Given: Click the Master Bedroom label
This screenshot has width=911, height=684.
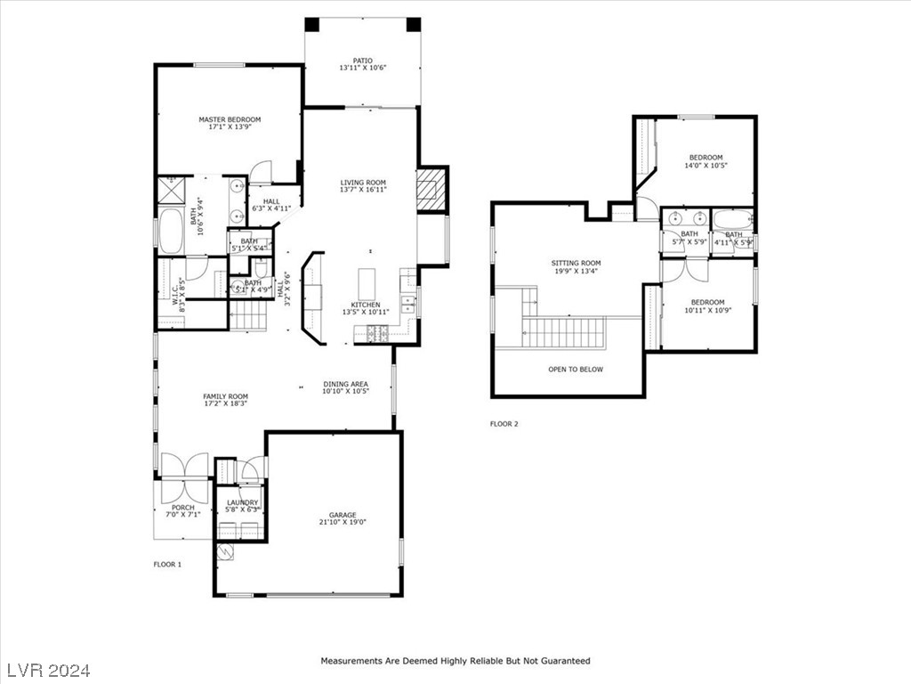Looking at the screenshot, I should (x=230, y=119).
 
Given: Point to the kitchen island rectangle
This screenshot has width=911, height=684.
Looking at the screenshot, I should (x=368, y=284).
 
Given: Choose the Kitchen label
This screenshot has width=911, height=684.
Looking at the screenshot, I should (x=366, y=305).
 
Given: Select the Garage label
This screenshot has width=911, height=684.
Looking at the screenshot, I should (x=343, y=515).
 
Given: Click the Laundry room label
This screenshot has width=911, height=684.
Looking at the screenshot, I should (x=242, y=502).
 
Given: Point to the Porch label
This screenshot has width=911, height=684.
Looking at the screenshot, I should (x=183, y=508).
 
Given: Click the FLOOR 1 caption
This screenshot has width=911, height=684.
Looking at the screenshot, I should (x=167, y=565).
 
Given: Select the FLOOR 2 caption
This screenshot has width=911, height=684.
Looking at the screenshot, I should (x=504, y=424).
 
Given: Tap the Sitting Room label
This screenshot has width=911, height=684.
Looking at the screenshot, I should (x=576, y=263).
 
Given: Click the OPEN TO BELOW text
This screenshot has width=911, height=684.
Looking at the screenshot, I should (x=575, y=369).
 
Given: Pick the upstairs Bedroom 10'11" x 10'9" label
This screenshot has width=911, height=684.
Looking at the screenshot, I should (x=708, y=302).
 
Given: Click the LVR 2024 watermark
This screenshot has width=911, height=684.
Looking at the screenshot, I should (x=52, y=669).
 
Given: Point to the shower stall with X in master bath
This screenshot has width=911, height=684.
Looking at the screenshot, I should (x=170, y=190).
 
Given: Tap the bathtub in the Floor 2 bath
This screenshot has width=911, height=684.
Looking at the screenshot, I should (x=733, y=219).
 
